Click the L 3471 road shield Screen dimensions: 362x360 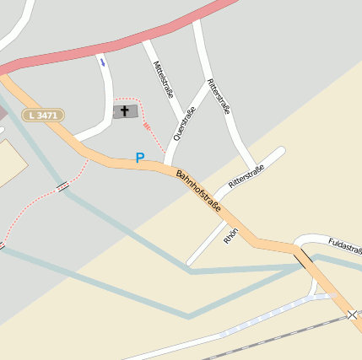(44, 115)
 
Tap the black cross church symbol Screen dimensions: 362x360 (125, 111)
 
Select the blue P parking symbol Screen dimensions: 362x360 (140, 158)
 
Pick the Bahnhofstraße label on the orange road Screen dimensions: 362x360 (198, 191)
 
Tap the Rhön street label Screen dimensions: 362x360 (230, 235)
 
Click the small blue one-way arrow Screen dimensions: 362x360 (103, 62)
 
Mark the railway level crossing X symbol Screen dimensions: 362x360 (352, 314)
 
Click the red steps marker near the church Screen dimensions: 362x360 (149, 126)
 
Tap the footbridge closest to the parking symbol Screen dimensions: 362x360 (63, 186)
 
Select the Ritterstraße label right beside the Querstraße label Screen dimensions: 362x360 (218, 96)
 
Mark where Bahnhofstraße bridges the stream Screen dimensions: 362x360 (302, 256)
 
